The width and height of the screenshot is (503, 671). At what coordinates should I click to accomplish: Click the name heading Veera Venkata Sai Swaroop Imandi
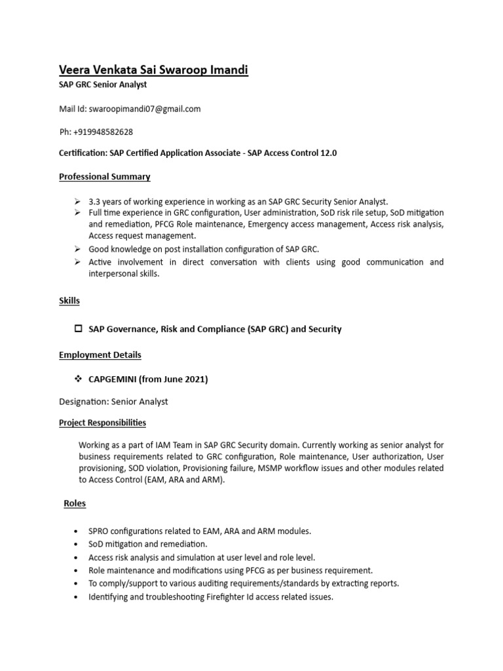(153, 70)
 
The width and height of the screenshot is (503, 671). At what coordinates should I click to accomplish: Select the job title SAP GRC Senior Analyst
(103, 85)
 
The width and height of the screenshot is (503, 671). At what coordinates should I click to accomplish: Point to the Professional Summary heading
(105, 176)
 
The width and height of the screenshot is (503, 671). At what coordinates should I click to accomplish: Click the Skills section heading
(69, 301)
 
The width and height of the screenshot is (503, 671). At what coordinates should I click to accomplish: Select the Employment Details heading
(100, 355)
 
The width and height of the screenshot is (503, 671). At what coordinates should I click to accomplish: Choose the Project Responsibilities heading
(103, 423)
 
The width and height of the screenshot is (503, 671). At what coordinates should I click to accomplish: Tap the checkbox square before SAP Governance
(79, 329)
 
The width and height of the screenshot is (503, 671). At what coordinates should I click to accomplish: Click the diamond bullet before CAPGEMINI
(78, 379)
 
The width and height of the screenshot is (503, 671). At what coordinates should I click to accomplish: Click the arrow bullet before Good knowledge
(78, 249)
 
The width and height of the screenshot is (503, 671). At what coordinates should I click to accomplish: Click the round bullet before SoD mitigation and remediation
(78, 545)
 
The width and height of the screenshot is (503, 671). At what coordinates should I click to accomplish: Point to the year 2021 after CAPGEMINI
(195, 379)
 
